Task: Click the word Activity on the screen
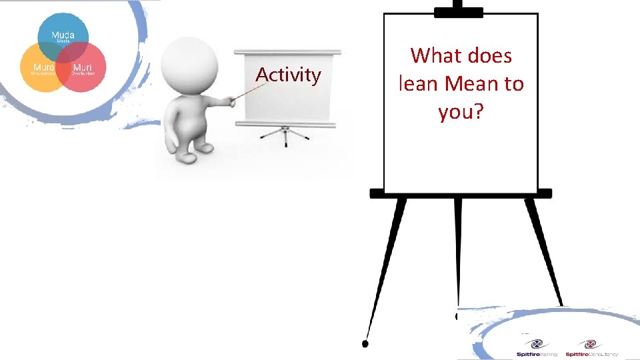[288, 75]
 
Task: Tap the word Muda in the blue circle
[63, 34]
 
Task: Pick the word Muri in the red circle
[83, 67]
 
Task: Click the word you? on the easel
[461, 112]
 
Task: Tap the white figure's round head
[189, 61]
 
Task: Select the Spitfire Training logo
[536, 349]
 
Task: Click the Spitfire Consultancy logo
[591, 349]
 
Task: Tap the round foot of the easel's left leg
[365, 343]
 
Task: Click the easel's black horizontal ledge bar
[461, 193]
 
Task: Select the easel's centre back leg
[458, 253]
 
